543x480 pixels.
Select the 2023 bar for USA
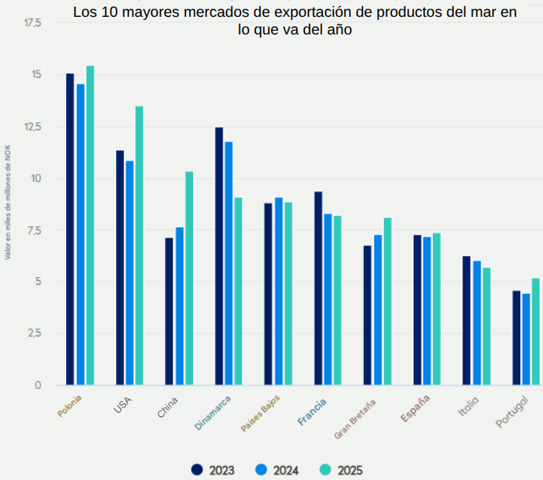coord(120,267)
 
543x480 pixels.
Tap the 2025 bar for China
coord(189,278)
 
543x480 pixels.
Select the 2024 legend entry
coord(277,470)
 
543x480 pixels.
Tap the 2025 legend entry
coord(341,470)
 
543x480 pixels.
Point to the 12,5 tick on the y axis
coord(32,127)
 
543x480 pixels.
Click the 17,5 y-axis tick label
coord(32,23)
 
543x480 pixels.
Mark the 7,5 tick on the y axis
coord(32,230)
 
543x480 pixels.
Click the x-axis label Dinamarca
coord(214,413)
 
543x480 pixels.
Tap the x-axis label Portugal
coord(512,412)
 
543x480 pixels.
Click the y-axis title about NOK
coord(8,202)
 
